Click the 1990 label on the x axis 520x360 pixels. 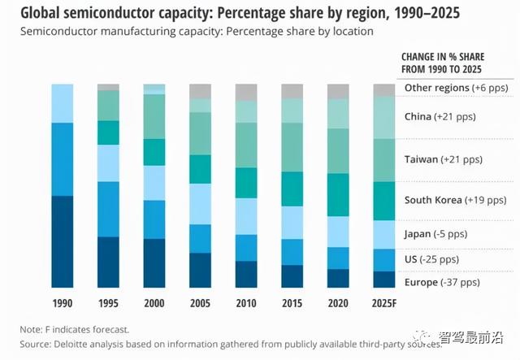63,303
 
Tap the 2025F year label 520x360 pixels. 384,303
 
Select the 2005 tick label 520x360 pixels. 200,303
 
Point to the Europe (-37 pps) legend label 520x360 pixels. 442,282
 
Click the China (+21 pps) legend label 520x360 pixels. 440,117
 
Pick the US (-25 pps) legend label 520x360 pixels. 431,259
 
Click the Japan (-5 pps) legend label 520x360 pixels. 436,235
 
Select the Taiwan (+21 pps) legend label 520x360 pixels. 443,159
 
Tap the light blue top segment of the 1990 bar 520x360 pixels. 63,103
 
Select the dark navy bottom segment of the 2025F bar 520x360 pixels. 384,280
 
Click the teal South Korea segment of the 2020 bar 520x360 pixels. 338,194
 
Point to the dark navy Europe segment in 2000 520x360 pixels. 154,263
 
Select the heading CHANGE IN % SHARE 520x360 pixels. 443,57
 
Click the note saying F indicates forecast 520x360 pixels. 75,330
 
